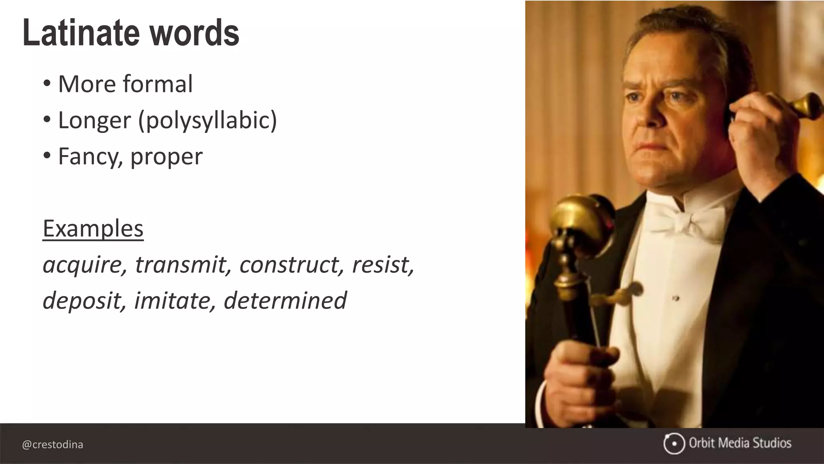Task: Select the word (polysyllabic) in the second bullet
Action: [x=208, y=120]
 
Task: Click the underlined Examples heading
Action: [x=93, y=228]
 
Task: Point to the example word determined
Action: [x=285, y=300]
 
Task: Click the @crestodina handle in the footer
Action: [x=53, y=445]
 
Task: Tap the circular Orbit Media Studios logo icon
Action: [x=674, y=443]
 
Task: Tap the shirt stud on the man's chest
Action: [x=676, y=298]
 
